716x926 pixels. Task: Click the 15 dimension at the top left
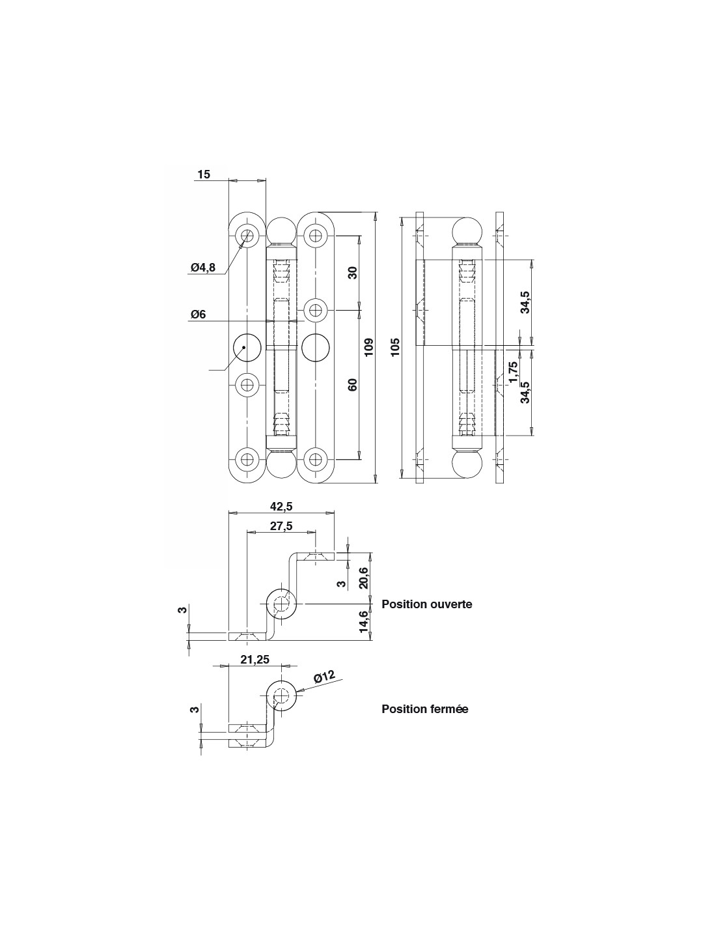(x=204, y=175)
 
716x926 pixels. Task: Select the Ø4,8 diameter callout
(x=203, y=267)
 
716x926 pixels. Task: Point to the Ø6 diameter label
(x=199, y=315)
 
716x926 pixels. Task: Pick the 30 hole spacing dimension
(x=353, y=272)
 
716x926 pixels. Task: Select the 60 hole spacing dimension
(x=353, y=384)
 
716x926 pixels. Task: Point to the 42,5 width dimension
(x=281, y=507)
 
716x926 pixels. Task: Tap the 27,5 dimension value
(x=281, y=526)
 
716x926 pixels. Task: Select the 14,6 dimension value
(x=364, y=622)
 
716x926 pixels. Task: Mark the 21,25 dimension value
(x=255, y=660)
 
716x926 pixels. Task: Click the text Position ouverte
(x=426, y=604)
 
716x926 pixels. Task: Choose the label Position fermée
(x=424, y=709)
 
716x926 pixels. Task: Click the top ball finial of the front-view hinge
(x=281, y=231)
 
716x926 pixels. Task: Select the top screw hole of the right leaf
(x=316, y=236)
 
